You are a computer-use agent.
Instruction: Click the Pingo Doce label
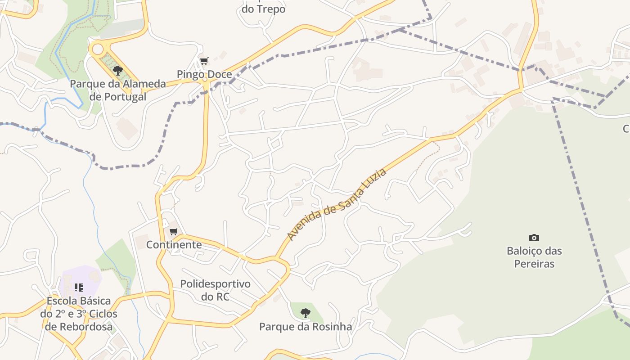[204, 74]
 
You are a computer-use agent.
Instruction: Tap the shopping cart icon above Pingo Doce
[204, 61]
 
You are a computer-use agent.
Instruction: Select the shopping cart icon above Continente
[173, 231]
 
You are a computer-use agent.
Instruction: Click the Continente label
[174, 245]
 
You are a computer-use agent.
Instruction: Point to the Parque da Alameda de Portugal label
[118, 90]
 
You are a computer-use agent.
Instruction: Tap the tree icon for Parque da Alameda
[118, 70]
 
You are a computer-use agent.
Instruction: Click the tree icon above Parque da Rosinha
[305, 313]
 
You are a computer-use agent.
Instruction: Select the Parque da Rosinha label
[306, 327]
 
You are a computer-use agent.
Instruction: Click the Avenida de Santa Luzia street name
[336, 205]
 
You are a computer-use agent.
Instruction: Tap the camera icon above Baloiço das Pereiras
[534, 238]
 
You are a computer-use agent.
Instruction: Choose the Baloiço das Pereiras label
[534, 257]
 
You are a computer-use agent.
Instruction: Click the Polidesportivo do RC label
[215, 290]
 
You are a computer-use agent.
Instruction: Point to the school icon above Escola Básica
[79, 287]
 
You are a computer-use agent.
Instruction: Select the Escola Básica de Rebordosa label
[79, 314]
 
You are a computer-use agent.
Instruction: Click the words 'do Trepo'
[264, 9]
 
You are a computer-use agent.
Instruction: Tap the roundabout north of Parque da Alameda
[97, 49]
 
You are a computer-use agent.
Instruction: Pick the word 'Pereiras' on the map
[534, 264]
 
